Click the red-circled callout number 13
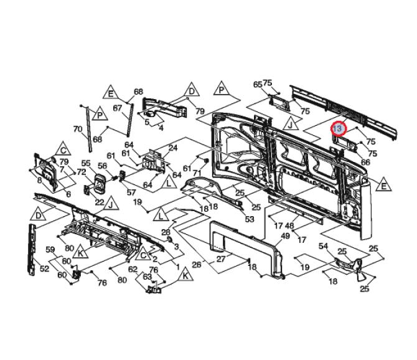337,128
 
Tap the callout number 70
77,130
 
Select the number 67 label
116,108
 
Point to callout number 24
173,148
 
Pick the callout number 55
86,164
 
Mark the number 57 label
131,192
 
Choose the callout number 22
99,202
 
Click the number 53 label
250,219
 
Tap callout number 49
286,235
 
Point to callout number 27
220,258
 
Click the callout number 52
44,268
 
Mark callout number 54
323,247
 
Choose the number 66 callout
365,162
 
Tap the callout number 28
166,232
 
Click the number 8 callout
40,180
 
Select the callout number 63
148,277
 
